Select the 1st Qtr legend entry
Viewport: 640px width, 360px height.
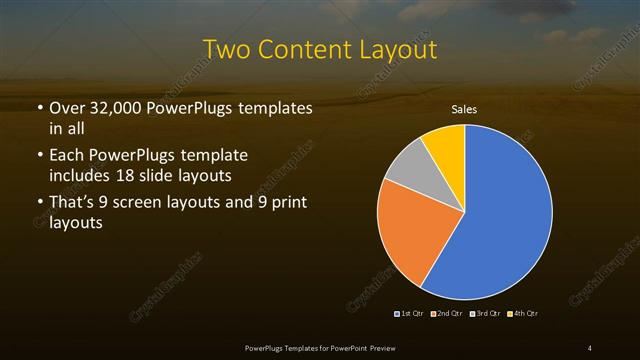click(x=411, y=313)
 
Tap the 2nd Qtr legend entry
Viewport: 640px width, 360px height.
click(x=447, y=313)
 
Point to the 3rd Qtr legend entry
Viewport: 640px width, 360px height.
click(x=484, y=313)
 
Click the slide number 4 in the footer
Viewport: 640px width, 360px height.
click(x=590, y=347)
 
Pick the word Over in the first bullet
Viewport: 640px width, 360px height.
click(x=67, y=108)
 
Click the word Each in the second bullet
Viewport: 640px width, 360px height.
click(x=67, y=157)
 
